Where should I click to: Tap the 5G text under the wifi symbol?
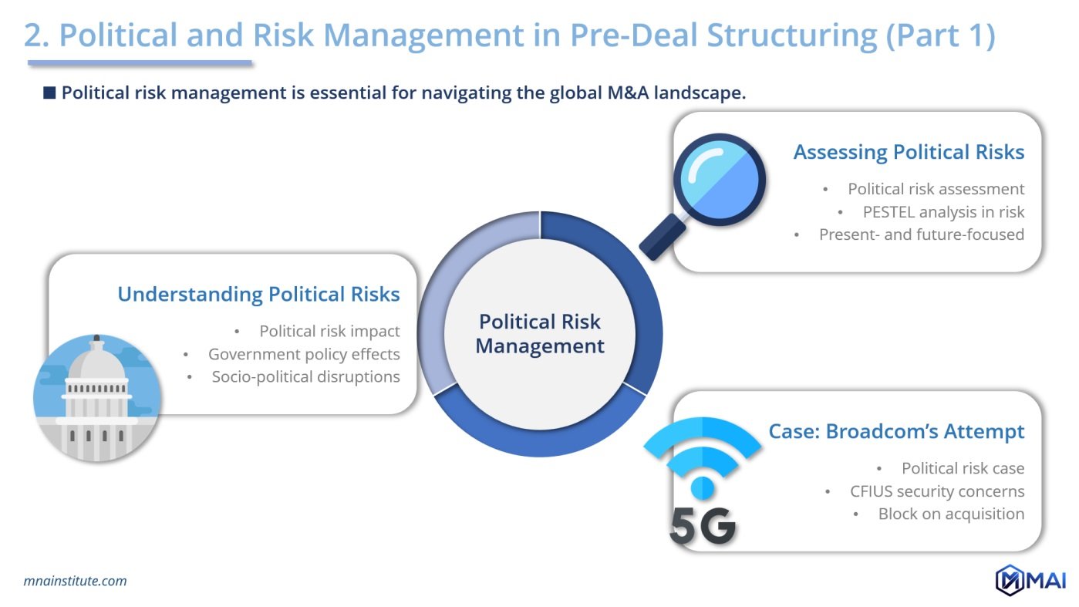[702, 526]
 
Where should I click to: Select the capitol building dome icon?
[97, 398]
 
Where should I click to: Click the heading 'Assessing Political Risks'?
[909, 152]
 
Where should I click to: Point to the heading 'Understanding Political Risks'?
[258, 294]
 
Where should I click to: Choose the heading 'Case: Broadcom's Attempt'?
[896, 431]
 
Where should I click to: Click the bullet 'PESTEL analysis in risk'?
[943, 211]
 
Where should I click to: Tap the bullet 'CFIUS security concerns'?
[937, 491]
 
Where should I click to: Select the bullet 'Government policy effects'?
[304, 354]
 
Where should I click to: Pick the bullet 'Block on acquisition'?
[951, 514]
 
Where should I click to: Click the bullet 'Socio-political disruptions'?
[305, 377]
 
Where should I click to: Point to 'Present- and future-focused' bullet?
[921, 234]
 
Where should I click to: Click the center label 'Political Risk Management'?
[540, 333]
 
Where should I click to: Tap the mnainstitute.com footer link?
[75, 581]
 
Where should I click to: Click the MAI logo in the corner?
[1030, 580]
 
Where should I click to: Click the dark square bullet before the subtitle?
[49, 93]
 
